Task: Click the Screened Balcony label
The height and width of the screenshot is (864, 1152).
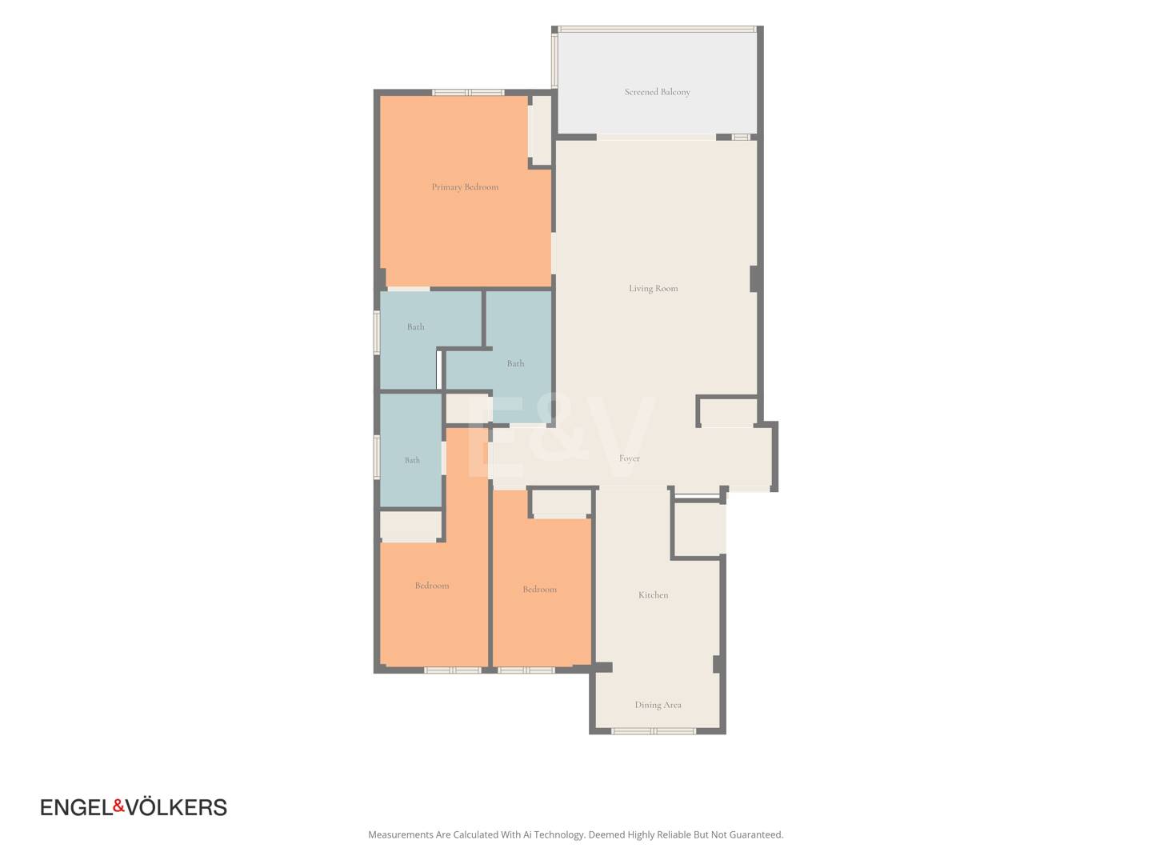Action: (657, 92)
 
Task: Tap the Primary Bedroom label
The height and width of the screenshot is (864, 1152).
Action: (465, 186)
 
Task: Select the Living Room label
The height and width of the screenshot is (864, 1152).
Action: (653, 288)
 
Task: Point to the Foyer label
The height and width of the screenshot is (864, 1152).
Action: (629, 458)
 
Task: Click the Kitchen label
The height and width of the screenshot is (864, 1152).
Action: (653, 594)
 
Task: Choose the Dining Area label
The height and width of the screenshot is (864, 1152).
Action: (658, 705)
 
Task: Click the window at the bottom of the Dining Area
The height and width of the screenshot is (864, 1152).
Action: (654, 730)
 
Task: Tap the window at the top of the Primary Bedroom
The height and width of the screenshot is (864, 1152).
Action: (468, 92)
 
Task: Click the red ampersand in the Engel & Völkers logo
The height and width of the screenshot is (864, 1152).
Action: (118, 806)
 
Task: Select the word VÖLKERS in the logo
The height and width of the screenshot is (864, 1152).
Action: (176, 807)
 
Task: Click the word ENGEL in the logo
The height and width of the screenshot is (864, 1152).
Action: (77, 807)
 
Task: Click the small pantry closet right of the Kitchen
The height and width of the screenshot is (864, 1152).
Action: (698, 529)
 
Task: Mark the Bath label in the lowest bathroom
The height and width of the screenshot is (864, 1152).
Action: (412, 460)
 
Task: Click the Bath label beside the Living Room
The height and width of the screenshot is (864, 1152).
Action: (515, 363)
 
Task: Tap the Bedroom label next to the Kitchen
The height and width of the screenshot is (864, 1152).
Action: (539, 589)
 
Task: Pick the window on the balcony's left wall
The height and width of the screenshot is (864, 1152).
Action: (554, 60)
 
